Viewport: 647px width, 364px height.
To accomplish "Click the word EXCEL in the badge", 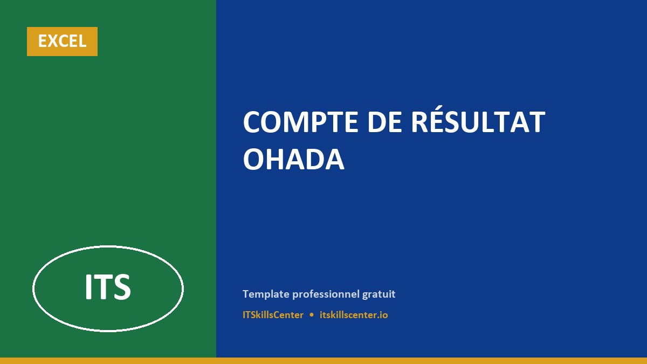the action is pos(62,41).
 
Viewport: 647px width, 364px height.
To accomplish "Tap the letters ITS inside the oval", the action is pos(108,286).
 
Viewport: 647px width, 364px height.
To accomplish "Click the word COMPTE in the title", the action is pos(301,122).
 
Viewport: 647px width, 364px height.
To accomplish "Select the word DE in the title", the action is pos(384,122).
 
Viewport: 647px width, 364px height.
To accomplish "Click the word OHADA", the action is pos(293,159).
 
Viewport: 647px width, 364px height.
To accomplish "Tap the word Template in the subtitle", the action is pos(266,294).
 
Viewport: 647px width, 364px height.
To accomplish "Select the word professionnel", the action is pos(326,294).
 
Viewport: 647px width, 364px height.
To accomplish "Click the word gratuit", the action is pos(378,294).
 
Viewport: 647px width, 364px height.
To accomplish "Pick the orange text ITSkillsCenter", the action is pos(273,315).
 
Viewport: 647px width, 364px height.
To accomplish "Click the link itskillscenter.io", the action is pos(354,315).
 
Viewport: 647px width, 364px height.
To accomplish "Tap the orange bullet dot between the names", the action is pos(312,315).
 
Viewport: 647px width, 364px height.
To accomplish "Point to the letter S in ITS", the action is pos(122,287).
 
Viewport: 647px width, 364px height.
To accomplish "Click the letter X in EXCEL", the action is pos(55,41).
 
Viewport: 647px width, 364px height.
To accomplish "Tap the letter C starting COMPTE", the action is pos(252,122).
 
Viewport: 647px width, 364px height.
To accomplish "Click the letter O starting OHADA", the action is pos(254,159).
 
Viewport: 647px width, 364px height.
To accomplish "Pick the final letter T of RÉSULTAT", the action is pos(536,122).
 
